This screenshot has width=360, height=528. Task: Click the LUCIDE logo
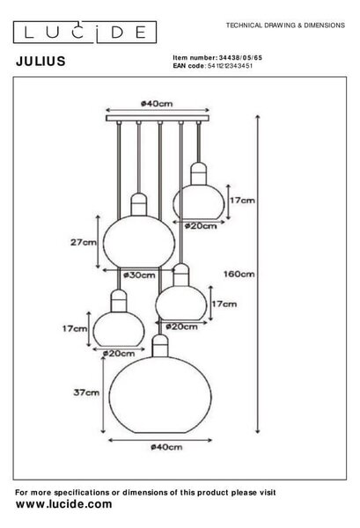(84, 33)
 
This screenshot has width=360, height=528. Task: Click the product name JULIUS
(40, 62)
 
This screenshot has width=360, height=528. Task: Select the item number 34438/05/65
(240, 58)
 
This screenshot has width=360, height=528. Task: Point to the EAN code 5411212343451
(230, 66)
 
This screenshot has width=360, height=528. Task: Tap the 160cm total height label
(239, 274)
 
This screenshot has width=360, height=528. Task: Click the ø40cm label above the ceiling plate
(157, 104)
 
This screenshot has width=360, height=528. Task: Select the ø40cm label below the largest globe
(166, 447)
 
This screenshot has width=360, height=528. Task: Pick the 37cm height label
(86, 392)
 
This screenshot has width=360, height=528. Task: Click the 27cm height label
(84, 242)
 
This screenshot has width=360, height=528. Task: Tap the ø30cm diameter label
(139, 275)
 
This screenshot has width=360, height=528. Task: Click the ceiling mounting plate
(158, 118)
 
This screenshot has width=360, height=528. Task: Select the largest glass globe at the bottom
(160, 394)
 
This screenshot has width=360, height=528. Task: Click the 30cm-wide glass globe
(139, 241)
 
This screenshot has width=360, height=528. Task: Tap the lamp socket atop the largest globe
(160, 346)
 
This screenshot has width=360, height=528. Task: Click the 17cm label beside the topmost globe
(242, 201)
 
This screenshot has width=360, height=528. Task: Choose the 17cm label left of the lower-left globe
(75, 328)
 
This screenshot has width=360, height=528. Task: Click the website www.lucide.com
(64, 504)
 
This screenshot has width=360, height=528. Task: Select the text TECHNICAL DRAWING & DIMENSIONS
(285, 26)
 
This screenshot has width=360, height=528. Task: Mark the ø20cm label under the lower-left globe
(119, 354)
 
